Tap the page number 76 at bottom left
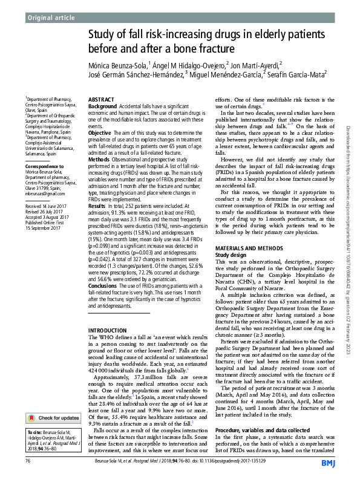[x=28, y=461]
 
